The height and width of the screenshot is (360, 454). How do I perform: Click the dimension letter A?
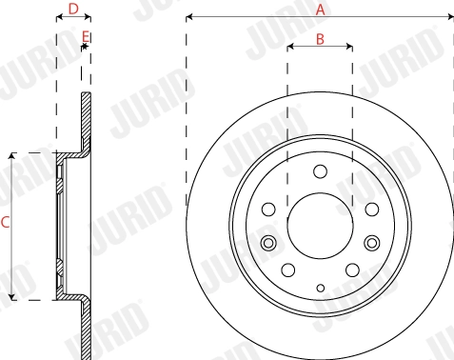(x=321, y=9)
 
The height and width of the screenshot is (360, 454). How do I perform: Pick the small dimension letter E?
(x=86, y=37)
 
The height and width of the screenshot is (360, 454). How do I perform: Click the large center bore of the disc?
(x=320, y=226)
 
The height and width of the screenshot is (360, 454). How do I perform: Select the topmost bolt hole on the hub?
(x=320, y=171)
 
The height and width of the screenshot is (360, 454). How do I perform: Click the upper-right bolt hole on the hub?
(x=369, y=207)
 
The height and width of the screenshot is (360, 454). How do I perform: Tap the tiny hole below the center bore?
(x=320, y=289)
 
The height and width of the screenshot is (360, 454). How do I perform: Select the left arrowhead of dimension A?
(x=189, y=16)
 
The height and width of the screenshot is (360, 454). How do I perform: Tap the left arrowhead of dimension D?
(x=59, y=16)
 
